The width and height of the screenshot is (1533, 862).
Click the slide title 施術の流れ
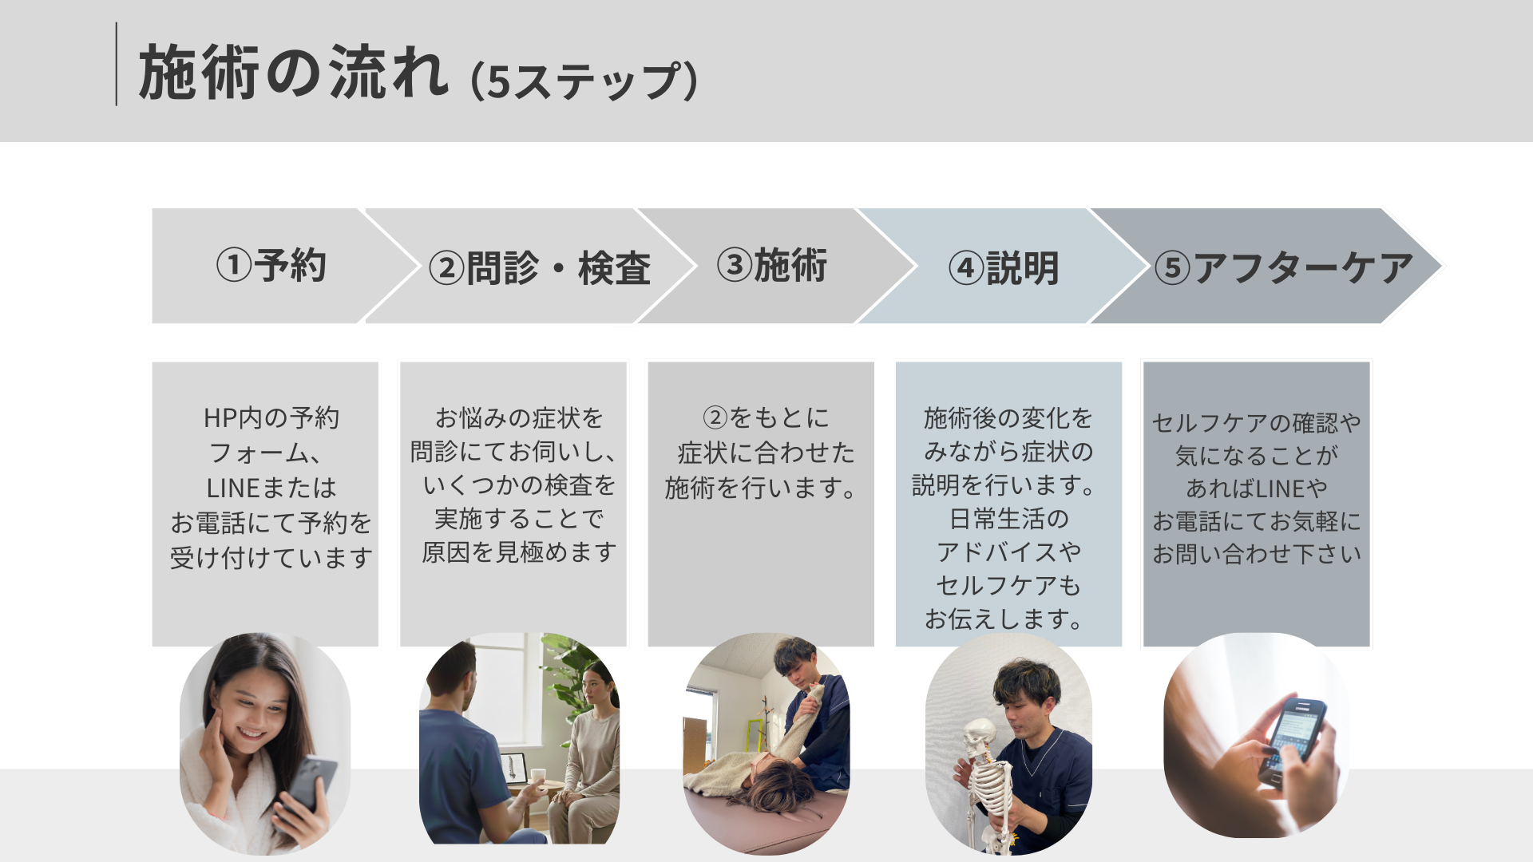click(x=294, y=73)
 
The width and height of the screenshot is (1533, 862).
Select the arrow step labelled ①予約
click(x=271, y=266)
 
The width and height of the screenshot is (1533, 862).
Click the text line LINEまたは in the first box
click(x=271, y=488)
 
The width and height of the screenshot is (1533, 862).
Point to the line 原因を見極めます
click(x=519, y=552)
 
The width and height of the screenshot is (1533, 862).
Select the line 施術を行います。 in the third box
click(x=760, y=487)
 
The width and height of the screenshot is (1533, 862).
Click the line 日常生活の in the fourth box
click(x=1008, y=519)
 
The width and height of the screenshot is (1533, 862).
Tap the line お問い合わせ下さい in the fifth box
click(x=1257, y=553)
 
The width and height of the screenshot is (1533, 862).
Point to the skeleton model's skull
click(x=977, y=739)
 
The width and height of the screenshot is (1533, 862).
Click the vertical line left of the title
click(x=117, y=64)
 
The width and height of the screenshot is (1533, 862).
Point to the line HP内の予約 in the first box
click(x=271, y=417)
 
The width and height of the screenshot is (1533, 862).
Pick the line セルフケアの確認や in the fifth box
click(x=1257, y=422)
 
